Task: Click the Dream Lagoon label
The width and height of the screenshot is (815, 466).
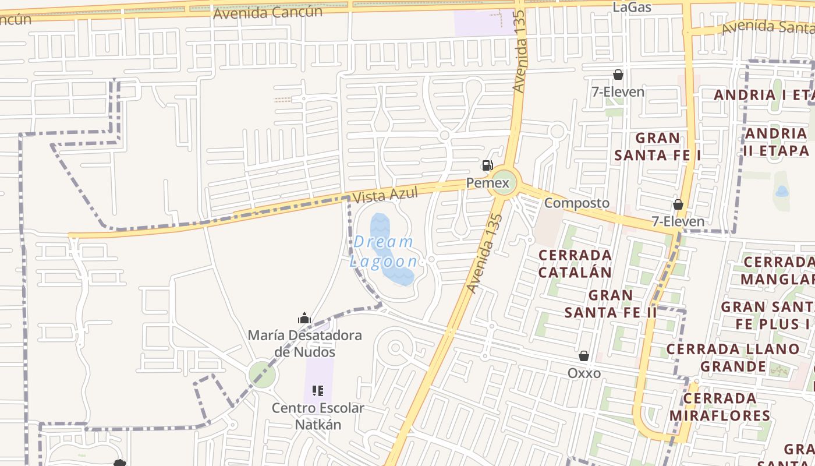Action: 384,251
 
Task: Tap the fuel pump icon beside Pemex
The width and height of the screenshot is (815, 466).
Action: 487,165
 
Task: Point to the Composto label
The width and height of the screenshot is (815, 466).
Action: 577,203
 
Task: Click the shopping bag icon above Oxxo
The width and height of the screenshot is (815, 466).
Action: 584,356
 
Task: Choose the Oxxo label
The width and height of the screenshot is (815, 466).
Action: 584,373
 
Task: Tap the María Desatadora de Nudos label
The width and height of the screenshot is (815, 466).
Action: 304,344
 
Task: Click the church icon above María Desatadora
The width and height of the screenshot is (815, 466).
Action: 304,318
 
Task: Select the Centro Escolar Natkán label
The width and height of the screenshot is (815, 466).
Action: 318,416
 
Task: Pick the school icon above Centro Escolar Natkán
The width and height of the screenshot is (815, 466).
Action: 318,390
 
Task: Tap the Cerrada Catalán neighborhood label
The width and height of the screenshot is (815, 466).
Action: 575,263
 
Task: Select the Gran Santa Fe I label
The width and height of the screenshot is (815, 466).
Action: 658,146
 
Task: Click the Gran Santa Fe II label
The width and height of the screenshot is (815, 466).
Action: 611,303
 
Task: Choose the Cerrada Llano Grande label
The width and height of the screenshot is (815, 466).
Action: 733,358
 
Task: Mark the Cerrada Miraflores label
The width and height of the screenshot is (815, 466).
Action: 720,407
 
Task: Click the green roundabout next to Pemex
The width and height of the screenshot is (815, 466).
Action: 502,183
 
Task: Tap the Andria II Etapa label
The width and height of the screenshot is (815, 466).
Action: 776,142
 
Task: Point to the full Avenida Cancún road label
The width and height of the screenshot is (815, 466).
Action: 268,12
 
